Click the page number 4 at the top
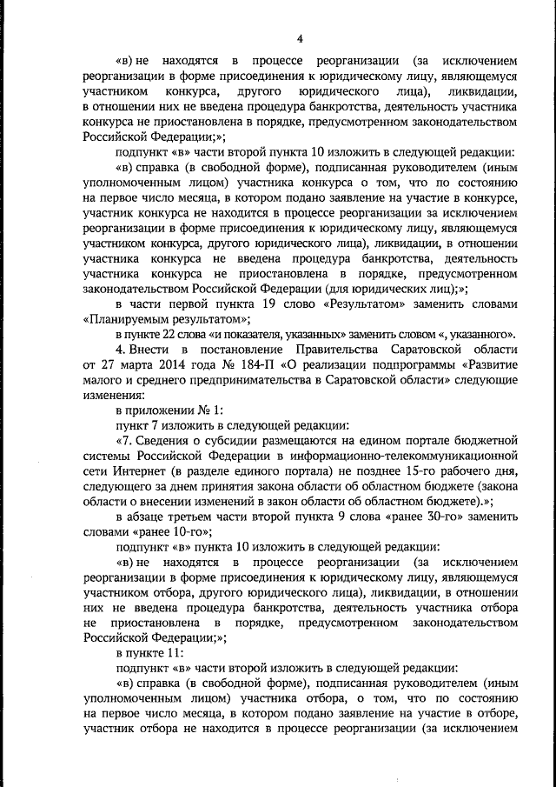[x=300, y=37]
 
